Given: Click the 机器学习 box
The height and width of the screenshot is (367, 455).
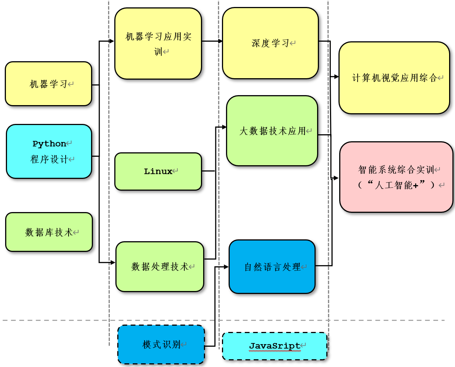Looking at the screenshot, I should coord(48,84).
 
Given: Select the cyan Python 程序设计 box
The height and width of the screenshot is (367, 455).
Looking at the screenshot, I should coord(49,152).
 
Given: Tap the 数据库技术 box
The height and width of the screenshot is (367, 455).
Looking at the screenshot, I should coord(49,232).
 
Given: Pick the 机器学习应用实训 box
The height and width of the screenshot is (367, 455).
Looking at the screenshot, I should coord(158,44).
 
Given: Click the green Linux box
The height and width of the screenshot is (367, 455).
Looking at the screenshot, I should coord(158,172).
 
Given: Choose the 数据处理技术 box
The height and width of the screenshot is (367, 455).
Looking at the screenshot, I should coord(160,267).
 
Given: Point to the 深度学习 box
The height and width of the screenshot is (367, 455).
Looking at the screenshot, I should coord(270,43).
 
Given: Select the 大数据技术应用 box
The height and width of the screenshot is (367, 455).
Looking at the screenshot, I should coord(272,131).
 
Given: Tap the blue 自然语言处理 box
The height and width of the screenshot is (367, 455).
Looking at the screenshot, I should coord(272,267).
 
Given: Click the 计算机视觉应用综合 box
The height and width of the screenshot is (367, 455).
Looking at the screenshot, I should coord(394,78).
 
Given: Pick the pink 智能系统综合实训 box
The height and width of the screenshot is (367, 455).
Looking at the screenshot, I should coord(396,177).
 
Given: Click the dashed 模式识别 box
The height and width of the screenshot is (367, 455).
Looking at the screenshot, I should coord(161,345).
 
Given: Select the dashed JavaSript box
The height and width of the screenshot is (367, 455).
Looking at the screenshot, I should coord(275,346).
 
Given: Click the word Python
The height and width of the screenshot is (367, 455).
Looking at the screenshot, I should coord(49,143).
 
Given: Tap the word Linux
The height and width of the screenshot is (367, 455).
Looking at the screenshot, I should coord(158,171).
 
